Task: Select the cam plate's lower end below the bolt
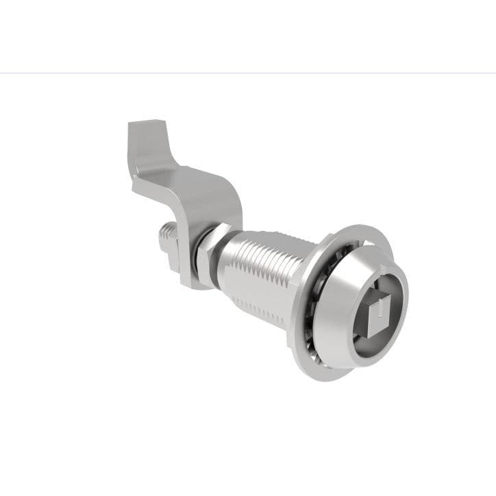(x=188, y=277)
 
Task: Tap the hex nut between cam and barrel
(x=210, y=250)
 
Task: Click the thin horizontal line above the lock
(x=248, y=73)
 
